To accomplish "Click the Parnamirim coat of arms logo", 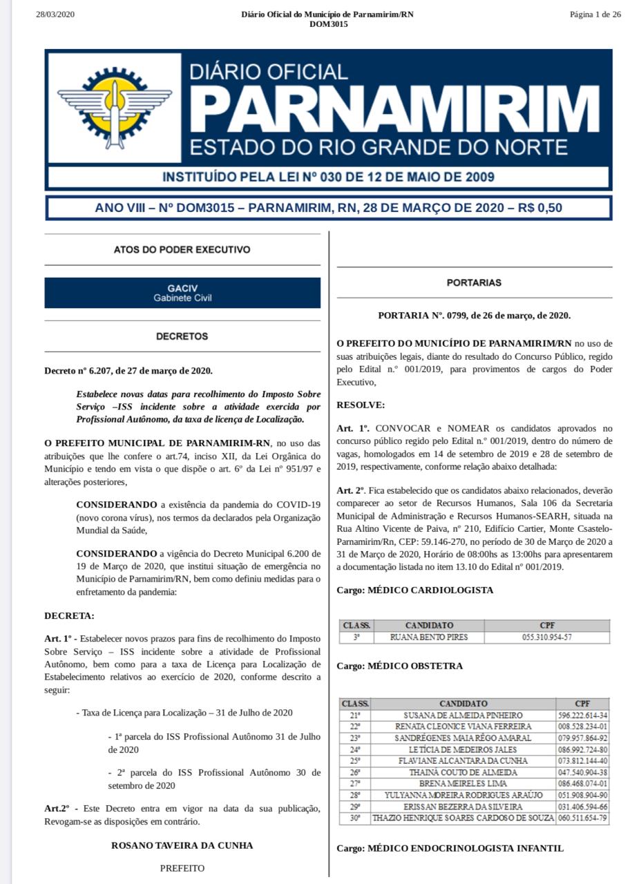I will coord(115,109).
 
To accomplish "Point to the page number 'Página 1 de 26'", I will coord(595,15).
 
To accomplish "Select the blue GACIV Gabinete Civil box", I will coord(182,293).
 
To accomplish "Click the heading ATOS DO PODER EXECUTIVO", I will coord(182,249).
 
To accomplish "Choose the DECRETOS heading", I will coord(182,336).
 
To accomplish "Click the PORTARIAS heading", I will coord(474,282).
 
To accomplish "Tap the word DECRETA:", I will coord(69,615).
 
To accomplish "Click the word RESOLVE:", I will coord(361,404).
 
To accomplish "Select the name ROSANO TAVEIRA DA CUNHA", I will coord(182,845).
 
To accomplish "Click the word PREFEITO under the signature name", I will coord(182,868).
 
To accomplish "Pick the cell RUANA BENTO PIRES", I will coord(429,637).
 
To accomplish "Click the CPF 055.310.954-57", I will coord(547,637).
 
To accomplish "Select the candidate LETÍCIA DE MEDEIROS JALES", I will coord(463,749).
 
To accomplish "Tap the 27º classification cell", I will coord(355,784).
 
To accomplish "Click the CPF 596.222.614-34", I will coord(582,715).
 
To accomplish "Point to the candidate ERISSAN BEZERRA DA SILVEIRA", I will coord(463,807).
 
